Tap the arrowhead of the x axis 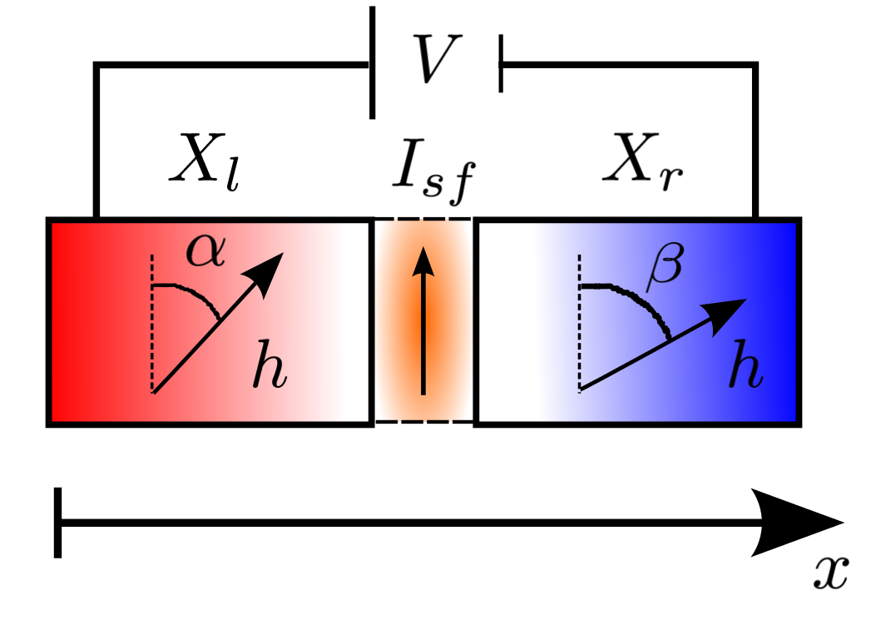[x=799, y=523]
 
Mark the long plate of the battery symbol [x=372, y=62]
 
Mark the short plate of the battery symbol [x=500, y=63]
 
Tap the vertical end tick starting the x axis [x=57, y=523]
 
